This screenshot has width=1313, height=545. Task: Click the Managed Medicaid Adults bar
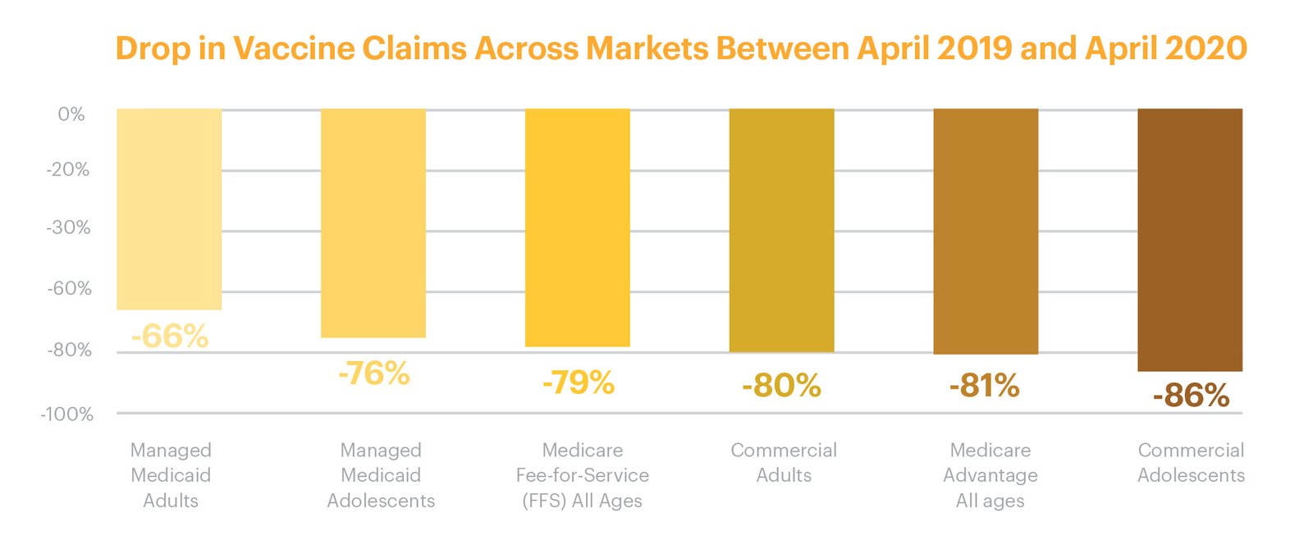coord(169,209)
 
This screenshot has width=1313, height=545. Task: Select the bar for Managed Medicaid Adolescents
coord(373,223)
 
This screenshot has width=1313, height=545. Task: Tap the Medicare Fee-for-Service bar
coord(578,228)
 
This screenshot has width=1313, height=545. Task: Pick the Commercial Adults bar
coord(781,231)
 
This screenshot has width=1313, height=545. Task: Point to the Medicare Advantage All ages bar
coord(986,231)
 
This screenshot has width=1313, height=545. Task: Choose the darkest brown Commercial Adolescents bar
coord(1190,240)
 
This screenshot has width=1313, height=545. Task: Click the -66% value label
coord(170,337)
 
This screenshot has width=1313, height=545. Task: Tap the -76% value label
coord(374,373)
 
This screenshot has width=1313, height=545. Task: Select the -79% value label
coord(579,383)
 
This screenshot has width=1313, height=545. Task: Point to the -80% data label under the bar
coord(781,386)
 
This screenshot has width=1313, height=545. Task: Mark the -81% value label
coord(985,386)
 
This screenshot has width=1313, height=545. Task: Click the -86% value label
coord(1191,396)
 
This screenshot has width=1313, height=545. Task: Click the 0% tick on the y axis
coord(71,114)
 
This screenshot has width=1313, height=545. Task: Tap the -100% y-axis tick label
coord(66,414)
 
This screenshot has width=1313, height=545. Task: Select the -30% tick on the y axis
coord(69,227)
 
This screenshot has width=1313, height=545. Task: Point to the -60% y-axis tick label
coord(69,288)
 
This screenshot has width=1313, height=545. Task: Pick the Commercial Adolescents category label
coord(1191,462)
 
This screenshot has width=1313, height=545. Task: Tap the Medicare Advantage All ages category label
coord(990,475)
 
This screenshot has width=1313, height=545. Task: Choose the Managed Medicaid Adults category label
coord(171,475)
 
